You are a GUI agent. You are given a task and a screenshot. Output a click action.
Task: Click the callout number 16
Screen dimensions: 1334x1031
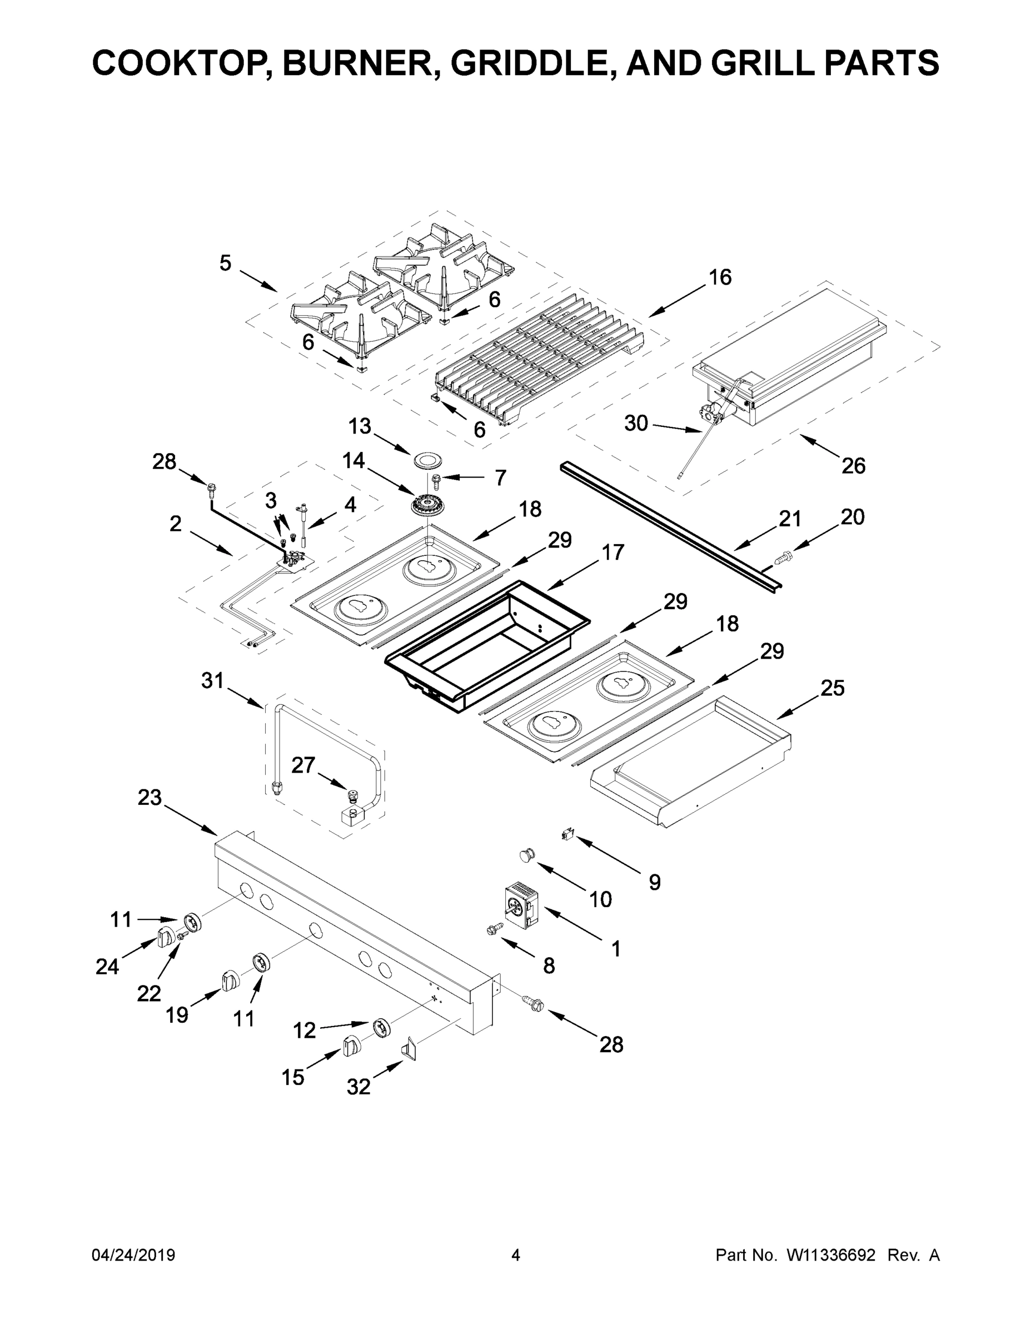720,277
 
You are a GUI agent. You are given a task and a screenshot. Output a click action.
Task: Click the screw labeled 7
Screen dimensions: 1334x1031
437,480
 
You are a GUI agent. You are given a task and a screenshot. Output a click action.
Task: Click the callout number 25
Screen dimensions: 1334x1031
833,688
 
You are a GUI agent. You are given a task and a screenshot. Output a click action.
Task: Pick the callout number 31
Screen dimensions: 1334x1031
212,680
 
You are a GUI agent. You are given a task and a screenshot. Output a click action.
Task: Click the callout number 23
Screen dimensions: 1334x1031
149,797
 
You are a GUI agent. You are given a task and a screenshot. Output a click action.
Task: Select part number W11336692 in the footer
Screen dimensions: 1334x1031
831,1255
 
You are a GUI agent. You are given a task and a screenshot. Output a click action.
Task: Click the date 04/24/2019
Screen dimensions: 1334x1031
133,1255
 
